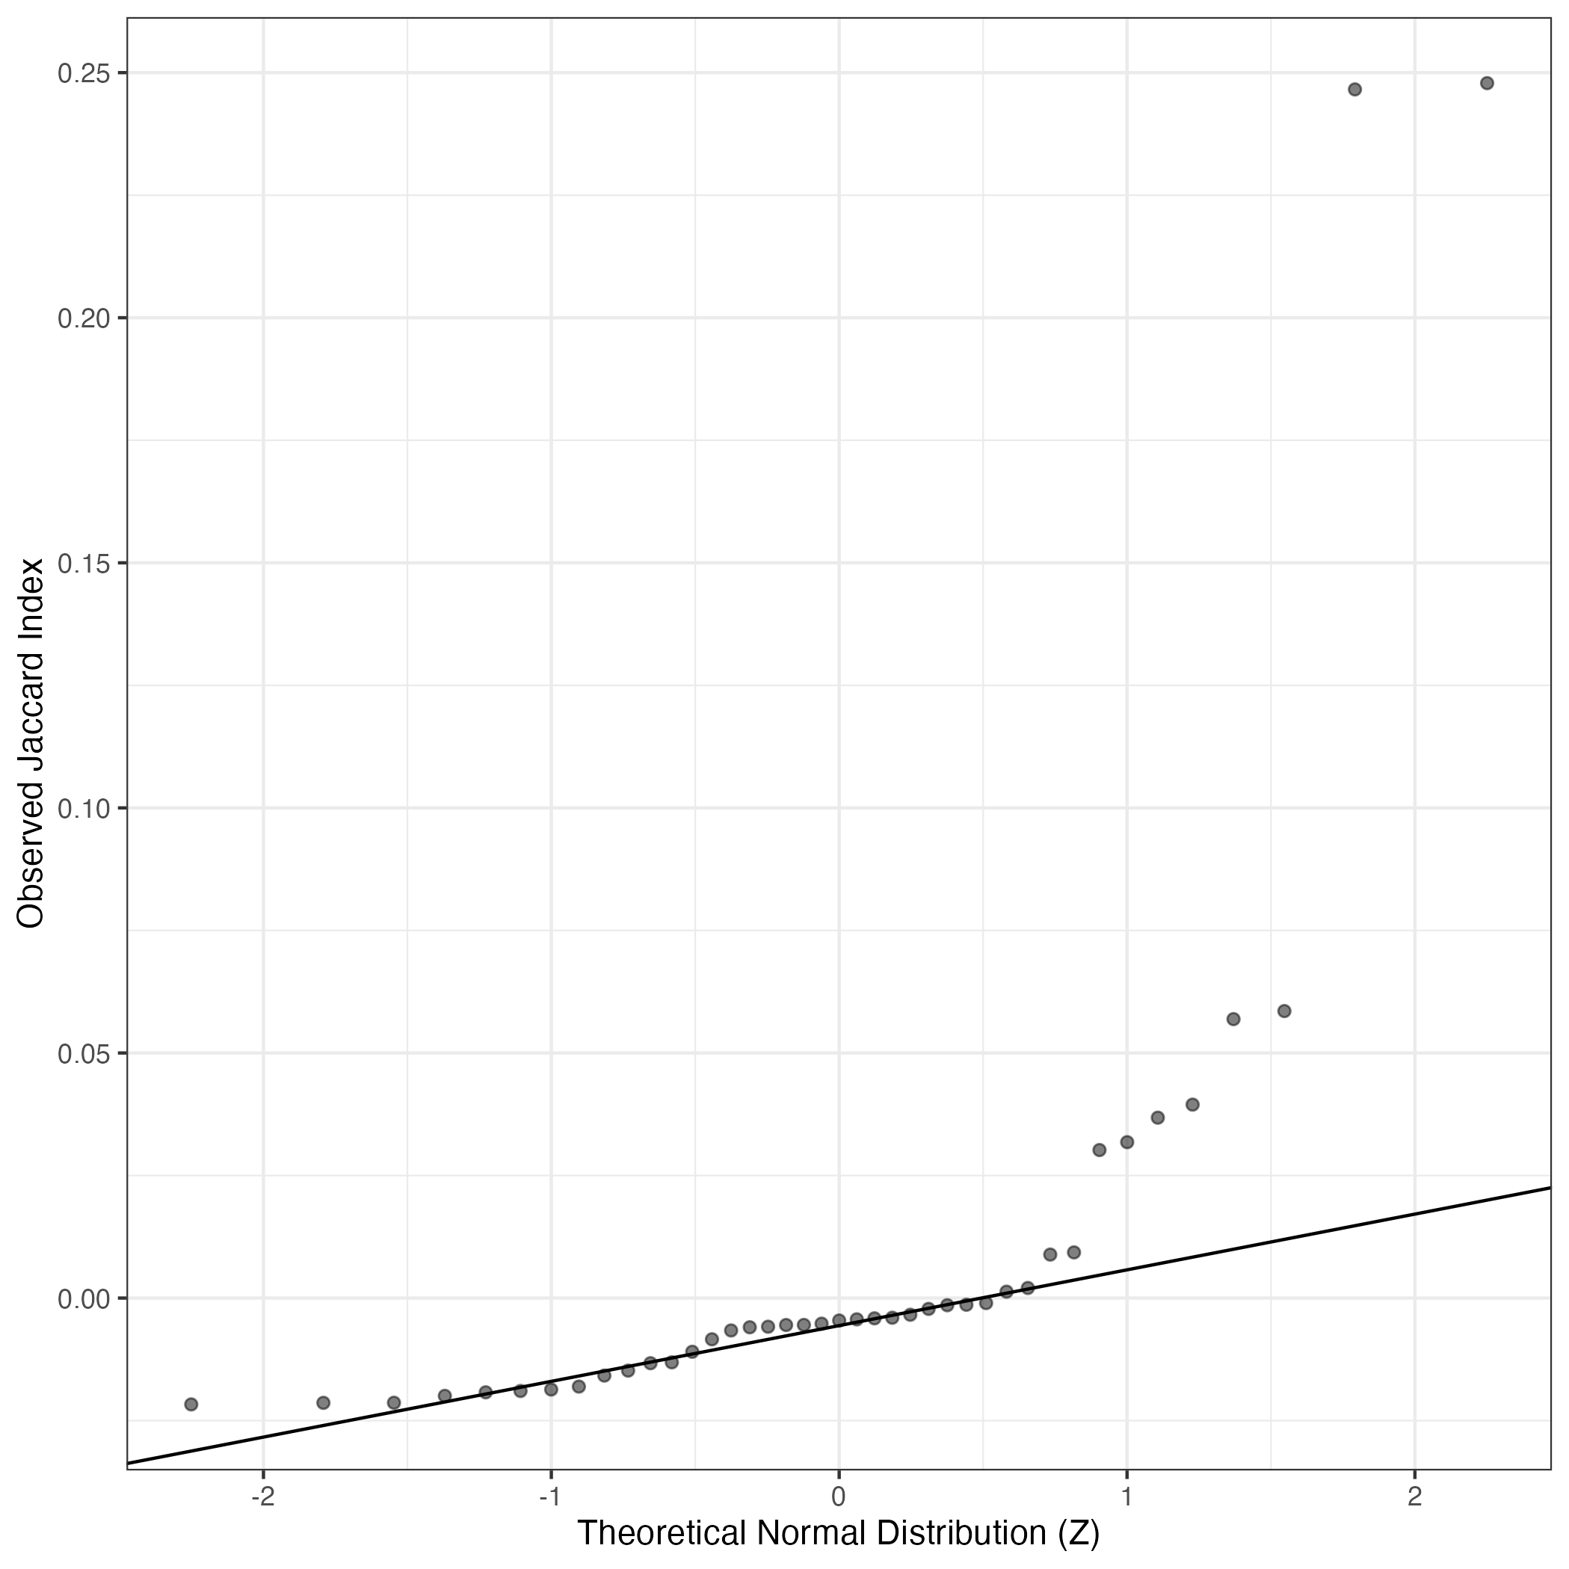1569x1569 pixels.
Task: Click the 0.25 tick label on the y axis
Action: click(84, 73)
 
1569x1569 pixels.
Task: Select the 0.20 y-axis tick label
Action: click(84, 318)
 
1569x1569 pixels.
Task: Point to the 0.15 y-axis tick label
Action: click(84, 563)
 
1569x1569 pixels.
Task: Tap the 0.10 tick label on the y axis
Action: click(84, 808)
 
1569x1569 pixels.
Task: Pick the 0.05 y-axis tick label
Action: click(84, 1053)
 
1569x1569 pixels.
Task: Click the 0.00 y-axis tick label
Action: click(84, 1298)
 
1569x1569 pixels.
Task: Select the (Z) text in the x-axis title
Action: click(1079, 1533)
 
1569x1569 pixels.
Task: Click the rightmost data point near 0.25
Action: click(1487, 83)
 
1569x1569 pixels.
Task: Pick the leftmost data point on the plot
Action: click(191, 1404)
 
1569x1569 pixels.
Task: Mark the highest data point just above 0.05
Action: click(1284, 1011)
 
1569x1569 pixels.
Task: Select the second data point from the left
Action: click(323, 1402)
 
